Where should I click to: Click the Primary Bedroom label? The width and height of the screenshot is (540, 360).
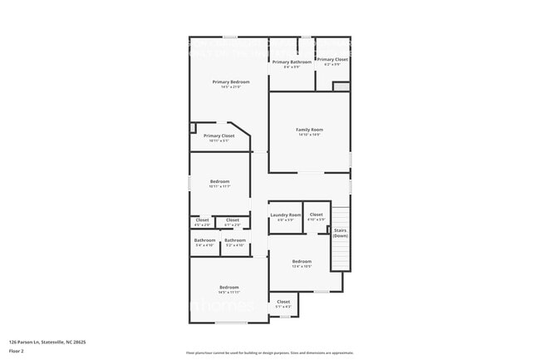pos(231,81)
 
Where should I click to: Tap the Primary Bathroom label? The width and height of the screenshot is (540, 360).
pos(292,62)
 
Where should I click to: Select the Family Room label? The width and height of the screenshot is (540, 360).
pos(309,130)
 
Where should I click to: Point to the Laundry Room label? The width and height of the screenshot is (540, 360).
pos(285,215)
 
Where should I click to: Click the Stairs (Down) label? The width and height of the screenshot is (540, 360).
pos(340,233)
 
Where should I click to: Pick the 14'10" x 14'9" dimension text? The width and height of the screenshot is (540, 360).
pos(309,136)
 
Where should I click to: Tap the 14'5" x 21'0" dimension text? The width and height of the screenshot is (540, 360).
pos(231,87)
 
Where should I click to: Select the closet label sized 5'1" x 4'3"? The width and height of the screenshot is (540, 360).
pos(283,302)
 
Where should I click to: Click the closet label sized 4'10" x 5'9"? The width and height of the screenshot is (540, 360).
pos(316,215)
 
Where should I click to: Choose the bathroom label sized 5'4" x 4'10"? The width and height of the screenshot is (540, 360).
pos(204,240)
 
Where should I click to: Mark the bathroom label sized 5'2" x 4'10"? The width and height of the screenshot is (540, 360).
pos(234,240)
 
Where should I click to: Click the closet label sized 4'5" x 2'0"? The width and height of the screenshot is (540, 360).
pos(202,220)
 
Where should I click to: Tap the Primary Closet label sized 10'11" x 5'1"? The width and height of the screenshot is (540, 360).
pos(218,136)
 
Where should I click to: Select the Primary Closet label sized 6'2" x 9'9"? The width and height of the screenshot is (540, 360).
pos(331,59)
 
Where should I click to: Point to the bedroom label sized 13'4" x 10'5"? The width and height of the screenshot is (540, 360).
pos(302,261)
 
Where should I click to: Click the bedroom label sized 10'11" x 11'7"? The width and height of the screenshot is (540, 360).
pos(219,181)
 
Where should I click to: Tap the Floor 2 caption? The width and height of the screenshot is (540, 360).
pos(17,352)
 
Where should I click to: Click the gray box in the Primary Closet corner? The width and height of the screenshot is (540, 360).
pos(341,86)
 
